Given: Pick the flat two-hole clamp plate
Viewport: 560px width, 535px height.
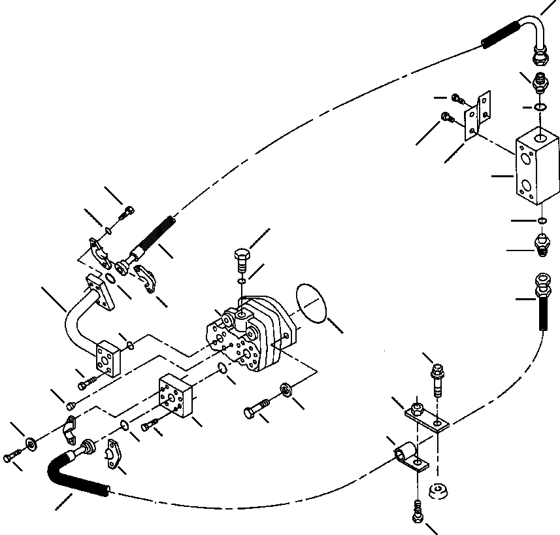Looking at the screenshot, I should (425, 418).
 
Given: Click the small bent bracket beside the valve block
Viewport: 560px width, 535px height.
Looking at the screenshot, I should (477, 118).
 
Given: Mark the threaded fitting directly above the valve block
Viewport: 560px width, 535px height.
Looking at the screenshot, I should (540, 84).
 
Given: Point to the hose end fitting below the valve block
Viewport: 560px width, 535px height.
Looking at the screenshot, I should (542, 301).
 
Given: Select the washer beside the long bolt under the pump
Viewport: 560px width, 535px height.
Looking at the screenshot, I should (286, 391).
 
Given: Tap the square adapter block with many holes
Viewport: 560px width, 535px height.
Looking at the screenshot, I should (176, 399).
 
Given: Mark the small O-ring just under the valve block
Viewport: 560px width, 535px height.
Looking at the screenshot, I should (542, 220).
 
